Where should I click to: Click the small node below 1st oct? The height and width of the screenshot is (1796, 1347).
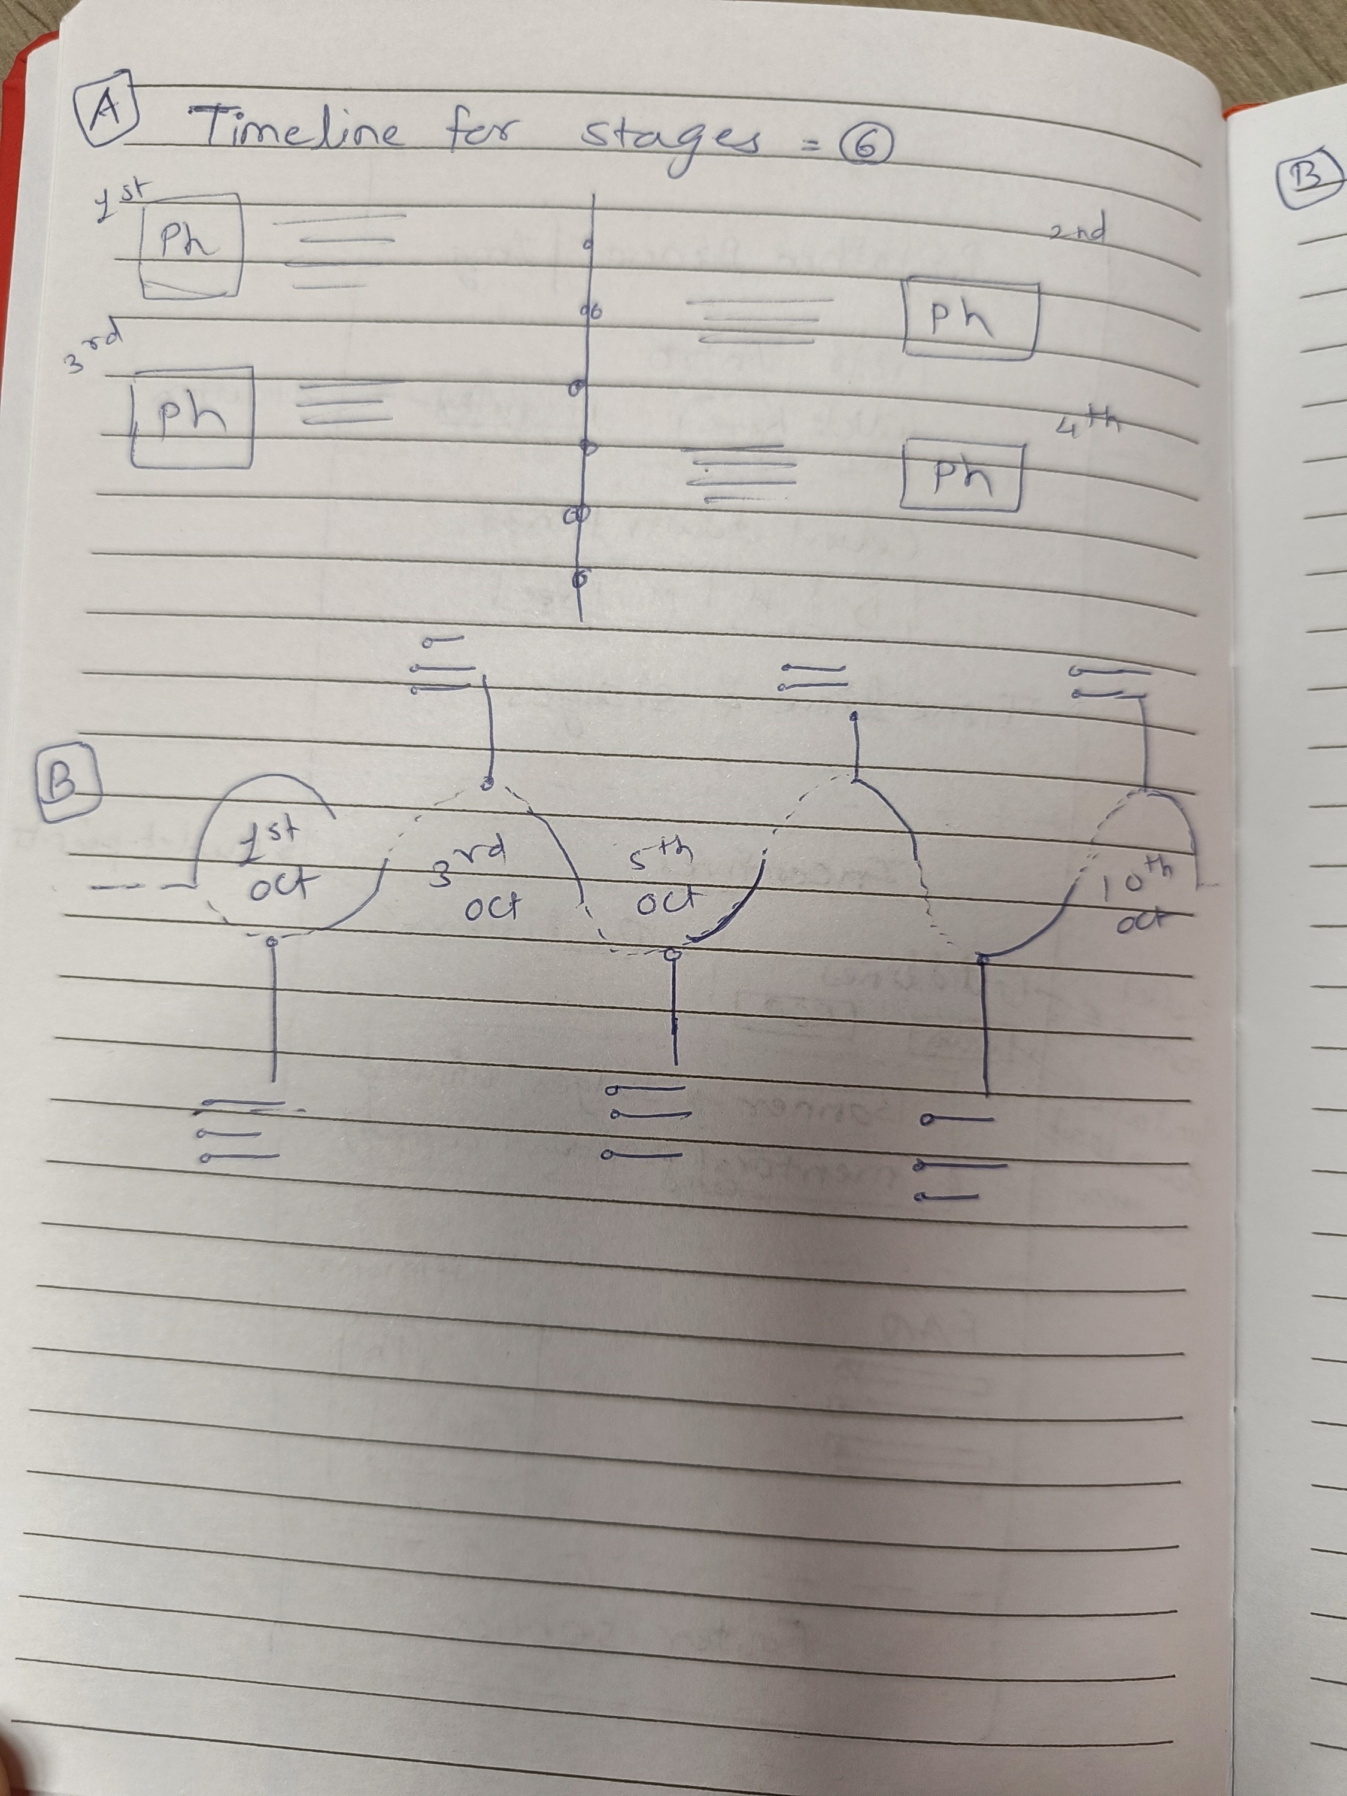274,941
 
